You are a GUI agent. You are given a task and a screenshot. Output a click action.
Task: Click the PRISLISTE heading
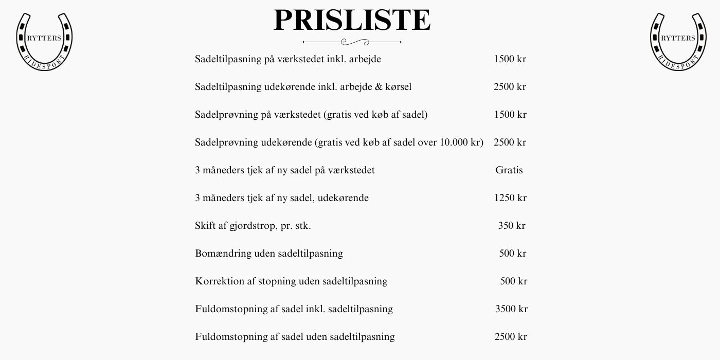tap(352, 21)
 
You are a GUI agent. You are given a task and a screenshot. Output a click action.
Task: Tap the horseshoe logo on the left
tap(44, 41)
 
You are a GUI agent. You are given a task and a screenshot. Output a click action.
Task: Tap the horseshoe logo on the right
tap(678, 41)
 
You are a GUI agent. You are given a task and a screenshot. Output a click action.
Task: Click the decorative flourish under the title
tap(352, 42)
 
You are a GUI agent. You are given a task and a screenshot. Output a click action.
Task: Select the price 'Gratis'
tap(509, 170)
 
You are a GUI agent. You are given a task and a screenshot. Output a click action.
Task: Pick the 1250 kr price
tap(510, 198)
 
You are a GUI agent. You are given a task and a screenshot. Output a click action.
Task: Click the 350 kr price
tap(512, 226)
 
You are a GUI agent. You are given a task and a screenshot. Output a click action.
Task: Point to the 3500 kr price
tap(511, 309)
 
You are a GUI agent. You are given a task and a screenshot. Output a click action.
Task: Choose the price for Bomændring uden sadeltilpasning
tap(513, 254)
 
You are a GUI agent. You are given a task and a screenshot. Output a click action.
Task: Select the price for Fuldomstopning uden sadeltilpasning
tap(511, 337)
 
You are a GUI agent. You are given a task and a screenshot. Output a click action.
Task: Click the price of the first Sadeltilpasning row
tap(510, 59)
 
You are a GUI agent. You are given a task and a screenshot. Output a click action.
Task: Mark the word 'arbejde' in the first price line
tap(365, 59)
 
